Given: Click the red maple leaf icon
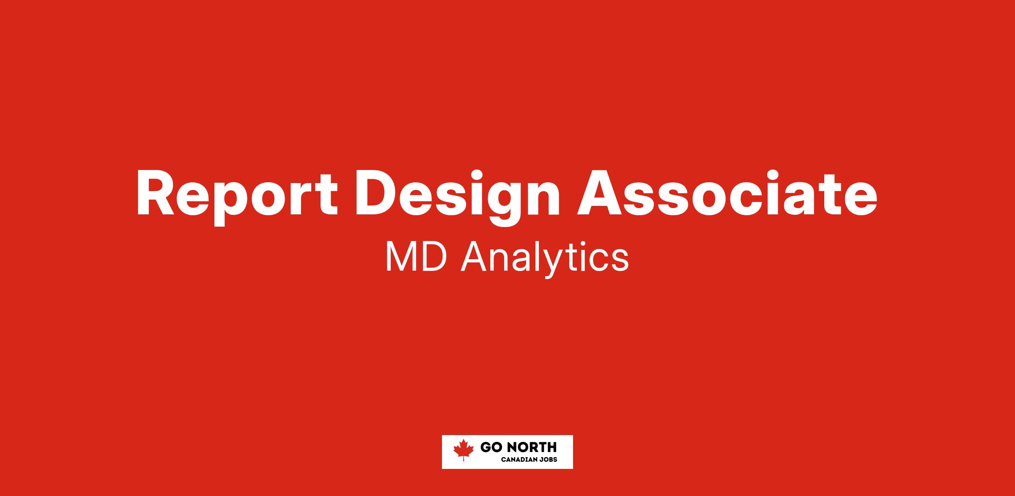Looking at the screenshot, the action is pyautogui.click(x=464, y=450).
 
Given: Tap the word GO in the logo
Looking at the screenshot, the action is pyautogui.click(x=491, y=447).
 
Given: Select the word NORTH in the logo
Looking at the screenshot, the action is pyautogui.click(x=531, y=447).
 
